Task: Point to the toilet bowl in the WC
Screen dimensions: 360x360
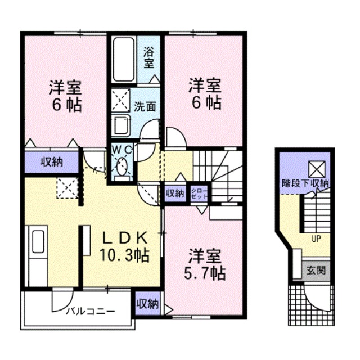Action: (121, 166)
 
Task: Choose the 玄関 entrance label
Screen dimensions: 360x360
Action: (316, 270)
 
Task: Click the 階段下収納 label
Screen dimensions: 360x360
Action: (306, 183)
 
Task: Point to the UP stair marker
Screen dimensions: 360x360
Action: (316, 238)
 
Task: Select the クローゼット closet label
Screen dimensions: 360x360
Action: (199, 194)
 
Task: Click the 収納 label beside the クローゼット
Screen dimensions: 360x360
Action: (175, 193)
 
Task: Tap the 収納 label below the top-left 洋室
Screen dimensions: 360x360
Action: (51, 163)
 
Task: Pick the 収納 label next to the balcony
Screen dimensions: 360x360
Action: (148, 304)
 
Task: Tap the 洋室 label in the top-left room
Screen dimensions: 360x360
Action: (65, 88)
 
